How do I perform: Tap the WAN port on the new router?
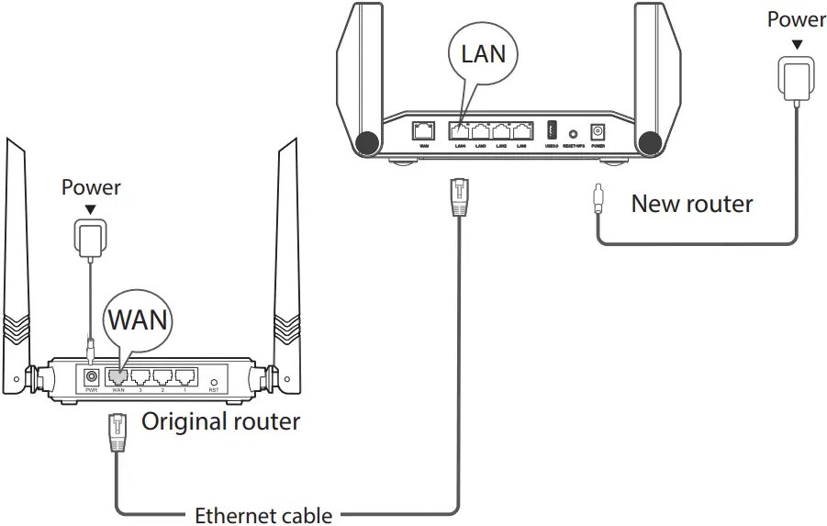(x=425, y=130)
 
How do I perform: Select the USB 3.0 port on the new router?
(x=552, y=129)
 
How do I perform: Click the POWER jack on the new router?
(x=598, y=131)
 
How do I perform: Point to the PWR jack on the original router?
(x=92, y=376)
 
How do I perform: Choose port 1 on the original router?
(x=186, y=375)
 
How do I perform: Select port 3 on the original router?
(x=140, y=375)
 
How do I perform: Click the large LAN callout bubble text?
(x=483, y=53)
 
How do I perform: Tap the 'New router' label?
(x=692, y=204)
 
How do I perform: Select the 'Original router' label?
(x=220, y=421)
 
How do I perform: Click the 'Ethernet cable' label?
(x=263, y=515)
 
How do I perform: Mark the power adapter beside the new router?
(x=796, y=74)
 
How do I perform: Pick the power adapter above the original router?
(x=90, y=238)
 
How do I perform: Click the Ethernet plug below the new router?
(x=456, y=195)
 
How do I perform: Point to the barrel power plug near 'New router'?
(x=598, y=197)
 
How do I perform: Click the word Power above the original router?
(x=91, y=188)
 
